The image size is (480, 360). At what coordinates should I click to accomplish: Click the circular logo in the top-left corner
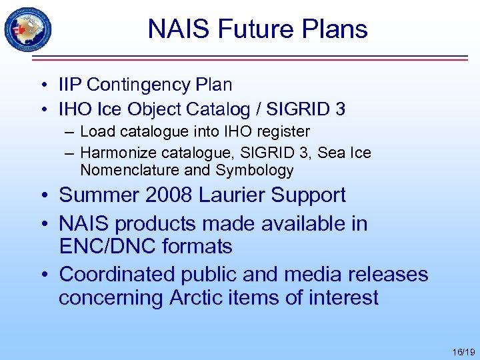(x=28, y=29)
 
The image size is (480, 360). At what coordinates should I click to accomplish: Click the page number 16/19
(x=462, y=351)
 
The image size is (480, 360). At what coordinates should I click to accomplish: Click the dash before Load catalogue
(x=69, y=132)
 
